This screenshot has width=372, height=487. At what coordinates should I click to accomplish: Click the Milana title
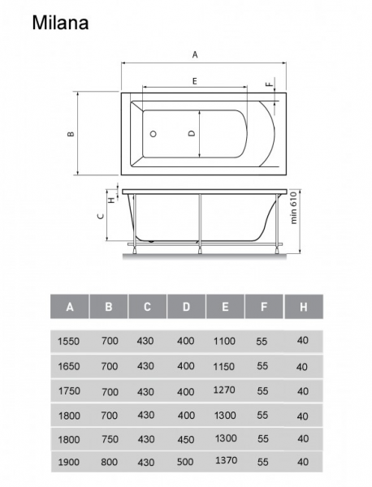pos(60,23)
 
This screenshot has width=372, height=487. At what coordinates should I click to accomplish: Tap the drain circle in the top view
pos(153,134)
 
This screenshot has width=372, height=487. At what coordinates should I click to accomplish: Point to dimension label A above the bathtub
pos(195,54)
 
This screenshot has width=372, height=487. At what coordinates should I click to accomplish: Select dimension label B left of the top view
pos(71,134)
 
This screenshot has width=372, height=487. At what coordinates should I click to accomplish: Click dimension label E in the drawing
pos(195,81)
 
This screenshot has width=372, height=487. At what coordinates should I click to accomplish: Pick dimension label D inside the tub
pos(192,133)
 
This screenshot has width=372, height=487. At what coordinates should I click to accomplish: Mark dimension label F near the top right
pos(270,84)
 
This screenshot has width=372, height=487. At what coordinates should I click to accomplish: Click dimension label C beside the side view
pos(101,216)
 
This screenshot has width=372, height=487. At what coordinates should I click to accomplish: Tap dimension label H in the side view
pos(112,198)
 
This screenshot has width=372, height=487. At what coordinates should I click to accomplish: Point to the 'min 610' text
pos(293,208)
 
